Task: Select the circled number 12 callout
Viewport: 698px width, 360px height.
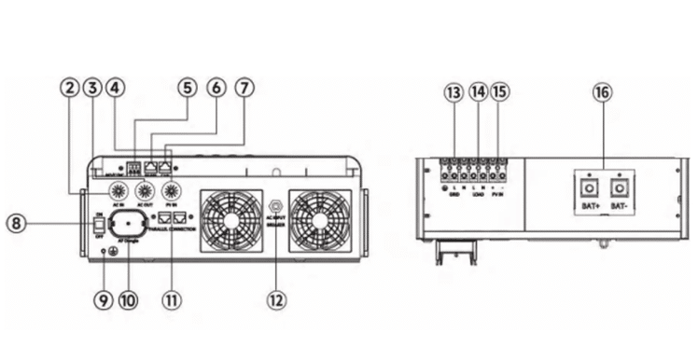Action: coord(276,301)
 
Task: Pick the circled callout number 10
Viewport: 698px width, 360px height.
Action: coord(128,301)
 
